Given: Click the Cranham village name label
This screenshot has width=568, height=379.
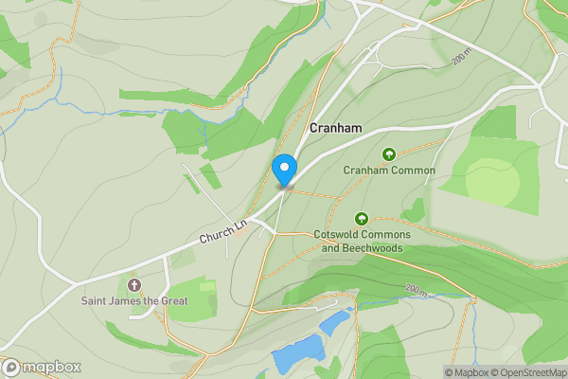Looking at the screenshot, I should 335,127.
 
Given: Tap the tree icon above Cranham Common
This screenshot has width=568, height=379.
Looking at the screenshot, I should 388,154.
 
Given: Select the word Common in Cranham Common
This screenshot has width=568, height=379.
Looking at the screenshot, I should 413,171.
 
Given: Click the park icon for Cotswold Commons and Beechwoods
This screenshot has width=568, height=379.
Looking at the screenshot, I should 361,219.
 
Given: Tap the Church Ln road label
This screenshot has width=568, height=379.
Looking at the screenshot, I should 222,235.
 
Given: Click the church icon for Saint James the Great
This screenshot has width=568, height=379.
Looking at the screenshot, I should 133,284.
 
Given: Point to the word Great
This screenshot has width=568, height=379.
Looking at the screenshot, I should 172,301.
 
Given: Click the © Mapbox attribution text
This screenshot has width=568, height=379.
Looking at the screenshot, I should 467,372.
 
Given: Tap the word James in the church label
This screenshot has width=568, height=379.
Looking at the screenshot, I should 130,301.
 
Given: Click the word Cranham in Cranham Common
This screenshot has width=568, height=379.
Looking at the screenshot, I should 367,171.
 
